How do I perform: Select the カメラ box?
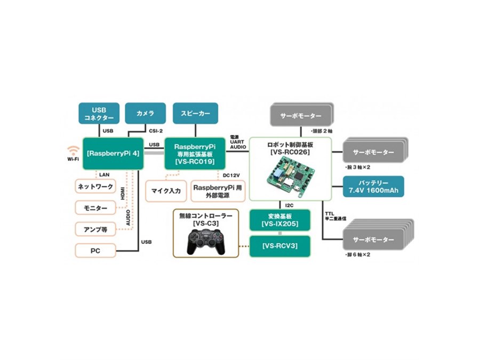[x=146, y=113]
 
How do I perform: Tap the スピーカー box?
[x=196, y=113]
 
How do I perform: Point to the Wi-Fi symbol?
[x=73, y=151]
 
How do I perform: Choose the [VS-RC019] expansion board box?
[x=195, y=153]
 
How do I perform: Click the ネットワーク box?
[x=96, y=187]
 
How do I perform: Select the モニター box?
[x=96, y=207]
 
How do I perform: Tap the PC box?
[x=96, y=250]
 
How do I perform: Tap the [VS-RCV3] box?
[x=279, y=246]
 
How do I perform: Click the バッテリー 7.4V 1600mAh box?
[x=373, y=187]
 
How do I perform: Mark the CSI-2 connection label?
[x=155, y=130]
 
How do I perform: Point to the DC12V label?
[x=230, y=175]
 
